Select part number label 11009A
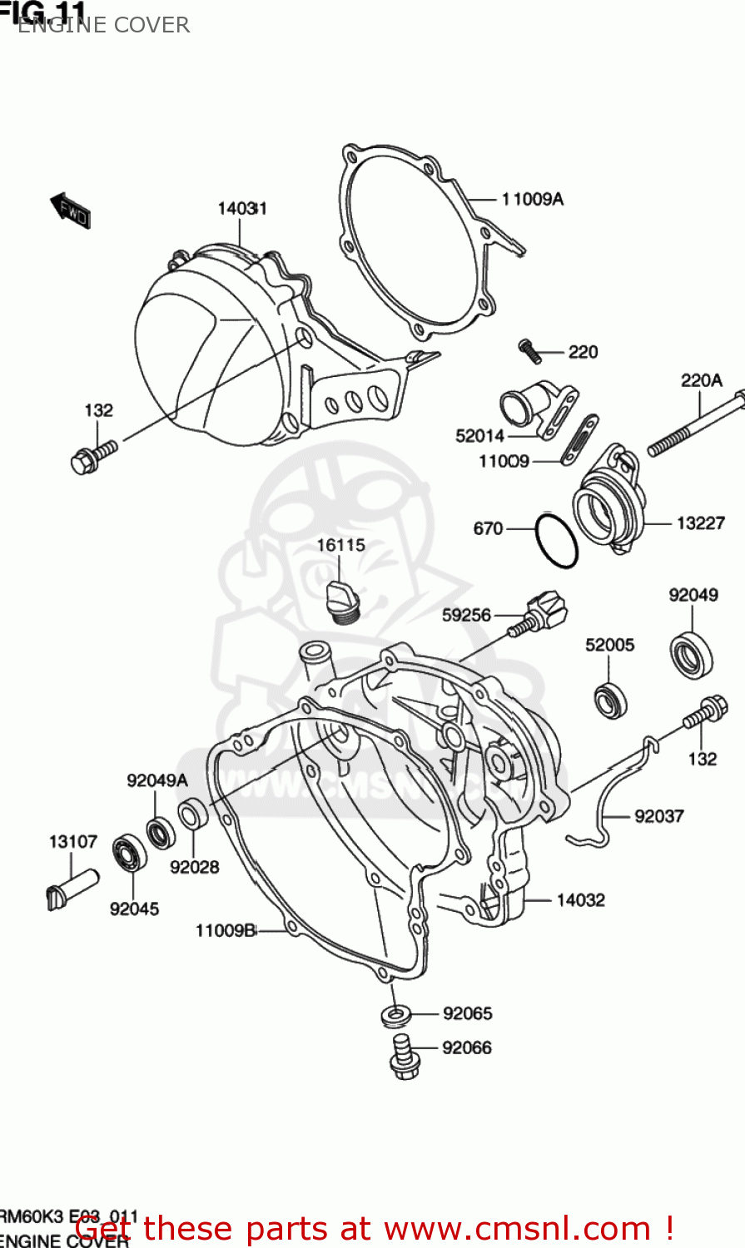(x=532, y=199)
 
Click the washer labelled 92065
(x=395, y=1014)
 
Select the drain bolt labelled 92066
(x=403, y=1054)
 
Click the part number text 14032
(x=580, y=899)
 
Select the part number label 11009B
(x=226, y=930)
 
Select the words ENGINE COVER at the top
(x=103, y=25)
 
